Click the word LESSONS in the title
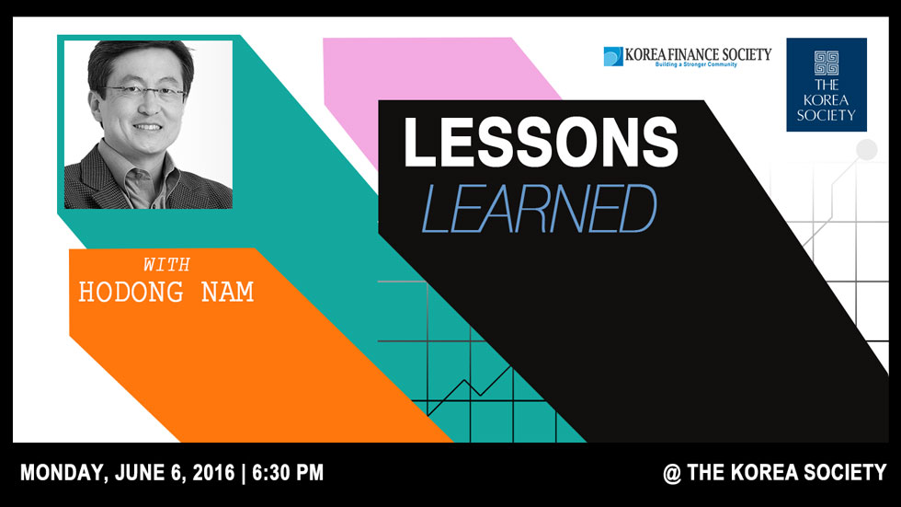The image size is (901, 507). (541, 142)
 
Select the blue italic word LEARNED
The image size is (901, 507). (539, 209)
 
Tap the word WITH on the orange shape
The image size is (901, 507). (166, 264)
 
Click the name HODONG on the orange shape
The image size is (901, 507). (131, 292)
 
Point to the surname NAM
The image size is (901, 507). (228, 292)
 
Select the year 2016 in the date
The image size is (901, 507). (213, 473)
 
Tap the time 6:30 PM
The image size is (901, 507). (288, 473)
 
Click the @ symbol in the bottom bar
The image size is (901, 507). (672, 473)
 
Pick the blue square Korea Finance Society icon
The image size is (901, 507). (613, 56)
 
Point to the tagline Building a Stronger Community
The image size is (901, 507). (696, 64)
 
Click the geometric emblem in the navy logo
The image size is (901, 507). (827, 63)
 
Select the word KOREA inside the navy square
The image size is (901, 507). (827, 100)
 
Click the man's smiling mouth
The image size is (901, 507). (147, 126)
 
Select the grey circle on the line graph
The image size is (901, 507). (866, 150)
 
